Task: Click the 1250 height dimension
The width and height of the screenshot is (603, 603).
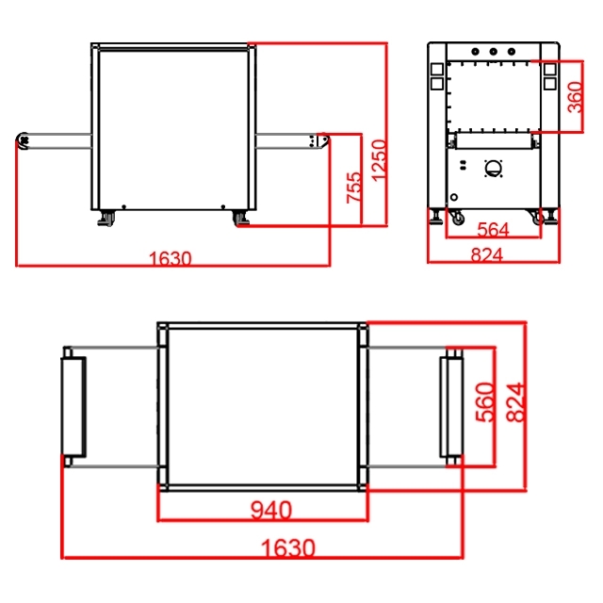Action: point(379,160)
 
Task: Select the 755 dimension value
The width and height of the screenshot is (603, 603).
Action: point(354,187)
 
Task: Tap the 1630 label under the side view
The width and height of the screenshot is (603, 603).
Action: point(170,258)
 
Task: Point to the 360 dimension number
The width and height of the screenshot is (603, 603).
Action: point(575,97)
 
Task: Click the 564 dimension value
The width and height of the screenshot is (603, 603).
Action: point(493,230)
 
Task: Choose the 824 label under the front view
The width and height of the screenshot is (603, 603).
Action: point(487,254)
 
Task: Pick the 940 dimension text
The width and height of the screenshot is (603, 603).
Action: point(271,511)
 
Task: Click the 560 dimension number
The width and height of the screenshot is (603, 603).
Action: point(484,402)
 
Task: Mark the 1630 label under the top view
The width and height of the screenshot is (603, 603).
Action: point(288,547)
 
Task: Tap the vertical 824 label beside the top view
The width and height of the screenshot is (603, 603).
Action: point(515,402)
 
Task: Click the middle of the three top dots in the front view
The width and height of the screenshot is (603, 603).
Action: point(494,51)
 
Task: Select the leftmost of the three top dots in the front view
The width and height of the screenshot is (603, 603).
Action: point(475,51)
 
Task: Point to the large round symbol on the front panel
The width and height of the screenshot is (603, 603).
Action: point(493,169)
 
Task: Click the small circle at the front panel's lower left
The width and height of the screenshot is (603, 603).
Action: point(454,197)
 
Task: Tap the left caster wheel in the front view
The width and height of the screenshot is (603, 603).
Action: point(458,219)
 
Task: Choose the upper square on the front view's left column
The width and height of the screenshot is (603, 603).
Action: point(437,69)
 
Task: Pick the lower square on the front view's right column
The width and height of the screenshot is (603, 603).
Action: point(550,84)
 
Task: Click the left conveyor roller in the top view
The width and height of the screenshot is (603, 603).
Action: point(73,407)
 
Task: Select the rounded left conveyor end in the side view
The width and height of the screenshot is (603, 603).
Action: point(23,140)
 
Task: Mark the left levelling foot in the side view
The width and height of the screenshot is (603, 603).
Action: point(106,219)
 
